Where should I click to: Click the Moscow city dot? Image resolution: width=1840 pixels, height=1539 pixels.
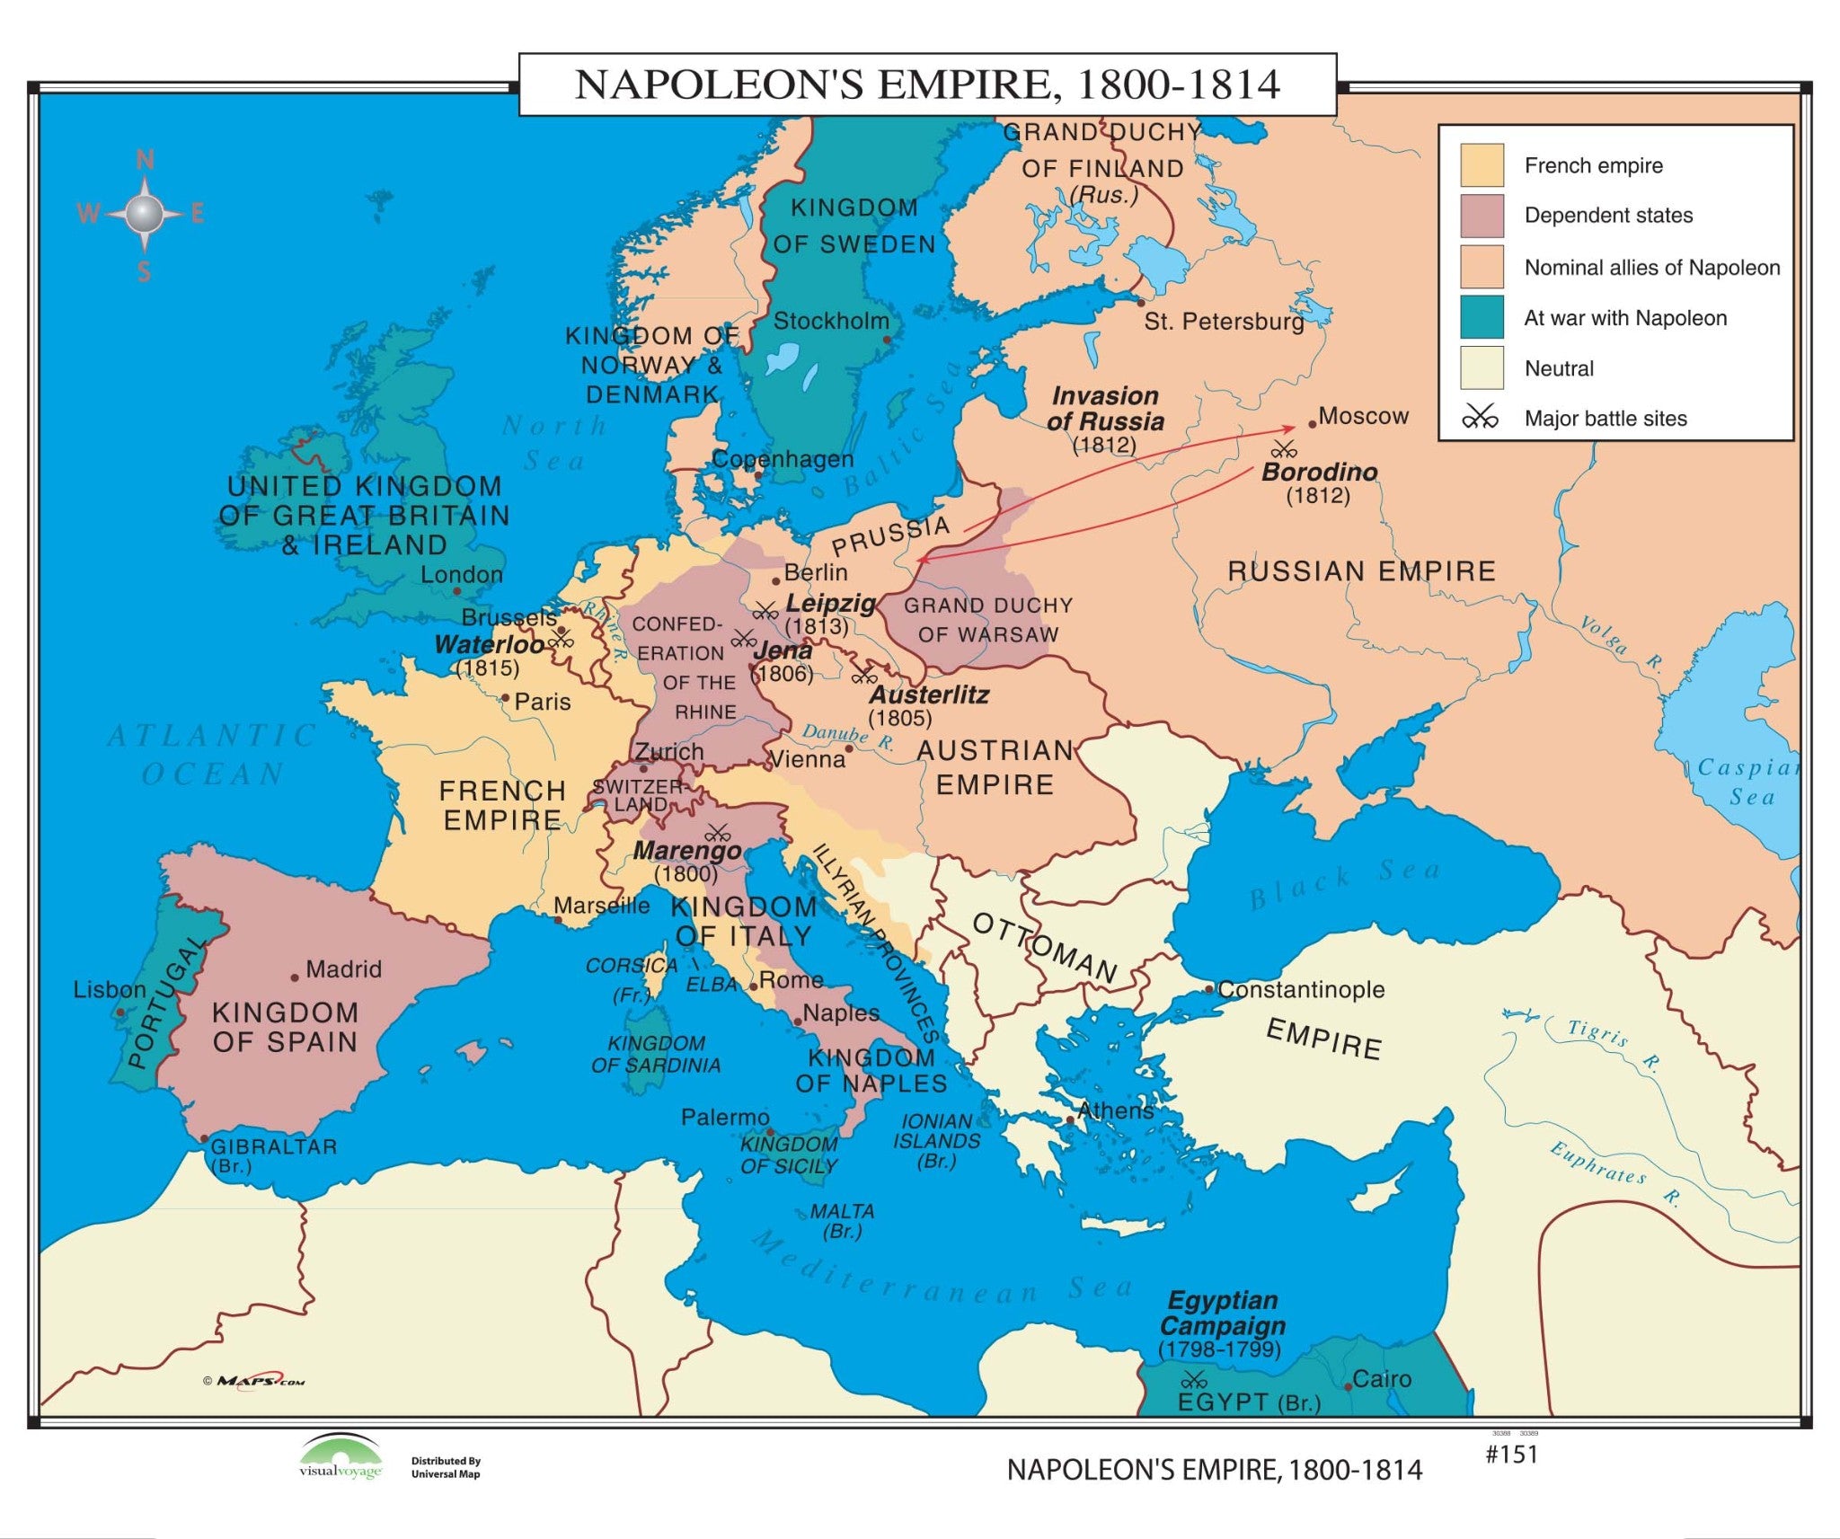tap(1312, 424)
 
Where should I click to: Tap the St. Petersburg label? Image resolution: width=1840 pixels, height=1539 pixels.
tap(1224, 322)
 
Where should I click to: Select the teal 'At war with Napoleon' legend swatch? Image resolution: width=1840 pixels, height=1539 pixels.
tap(1482, 317)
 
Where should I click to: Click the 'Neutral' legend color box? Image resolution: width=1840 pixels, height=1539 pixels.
tap(1482, 367)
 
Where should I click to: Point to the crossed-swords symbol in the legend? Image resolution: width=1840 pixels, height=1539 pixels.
tap(1480, 418)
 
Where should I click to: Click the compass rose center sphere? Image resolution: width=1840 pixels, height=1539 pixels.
tap(144, 214)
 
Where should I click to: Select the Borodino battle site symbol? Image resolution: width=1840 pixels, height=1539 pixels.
tap(1284, 448)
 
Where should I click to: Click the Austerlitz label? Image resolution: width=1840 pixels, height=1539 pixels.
tap(929, 694)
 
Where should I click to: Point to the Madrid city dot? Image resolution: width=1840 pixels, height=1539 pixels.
tap(295, 977)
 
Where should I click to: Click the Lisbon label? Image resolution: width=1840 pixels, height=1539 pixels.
tap(110, 990)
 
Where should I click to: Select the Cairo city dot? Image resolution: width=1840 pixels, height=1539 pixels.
tap(1348, 1386)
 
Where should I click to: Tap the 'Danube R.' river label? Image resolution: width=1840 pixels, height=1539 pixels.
tap(848, 737)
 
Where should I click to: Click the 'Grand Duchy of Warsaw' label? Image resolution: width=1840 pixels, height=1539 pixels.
tap(987, 620)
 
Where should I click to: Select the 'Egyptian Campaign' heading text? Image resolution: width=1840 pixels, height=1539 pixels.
tap(1222, 1313)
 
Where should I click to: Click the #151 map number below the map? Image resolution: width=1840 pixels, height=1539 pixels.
tap(1512, 1455)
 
